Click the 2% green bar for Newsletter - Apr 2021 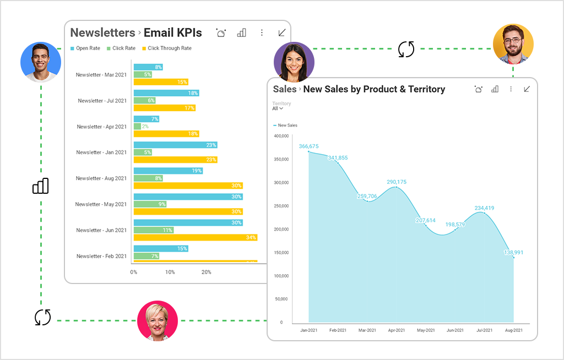(137, 127)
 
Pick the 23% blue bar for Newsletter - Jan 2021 (175, 145)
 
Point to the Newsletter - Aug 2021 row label (101, 178)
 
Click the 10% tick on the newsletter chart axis (170, 272)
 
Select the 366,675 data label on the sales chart (308, 146)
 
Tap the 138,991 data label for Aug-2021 (513, 253)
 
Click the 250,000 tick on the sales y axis (281, 206)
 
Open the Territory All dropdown (278, 108)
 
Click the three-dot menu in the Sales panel (511, 89)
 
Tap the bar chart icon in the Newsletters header (241, 33)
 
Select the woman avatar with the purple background (294, 62)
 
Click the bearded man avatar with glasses (513, 44)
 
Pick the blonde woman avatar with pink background (158, 321)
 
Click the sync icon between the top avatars (406, 49)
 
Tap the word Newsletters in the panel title (102, 33)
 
